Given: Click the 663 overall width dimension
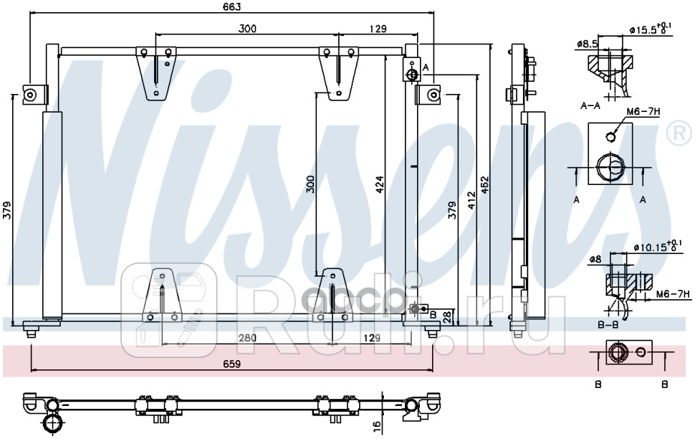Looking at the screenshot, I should pos(231,6).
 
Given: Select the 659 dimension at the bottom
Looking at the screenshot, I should pos(231,364).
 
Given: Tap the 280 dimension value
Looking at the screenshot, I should pos(246,338).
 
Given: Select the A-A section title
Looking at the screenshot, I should pos(590,105).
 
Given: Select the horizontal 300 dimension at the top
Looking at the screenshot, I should pos(247,29).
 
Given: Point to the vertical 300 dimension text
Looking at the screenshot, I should pos(310,184).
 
